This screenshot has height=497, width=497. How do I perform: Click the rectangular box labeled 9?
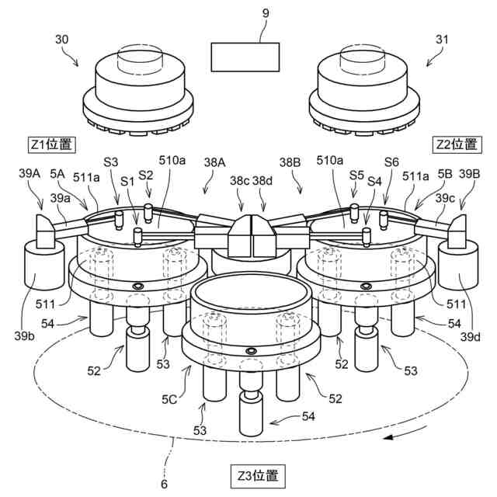point(245,58)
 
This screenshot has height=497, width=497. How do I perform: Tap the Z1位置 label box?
point(51,144)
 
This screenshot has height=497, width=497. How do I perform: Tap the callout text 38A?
point(214,163)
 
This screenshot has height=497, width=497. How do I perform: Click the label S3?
point(110,162)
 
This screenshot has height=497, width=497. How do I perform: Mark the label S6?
point(391,162)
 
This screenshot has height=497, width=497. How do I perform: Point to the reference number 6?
point(164,484)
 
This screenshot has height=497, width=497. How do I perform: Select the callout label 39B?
point(470,175)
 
